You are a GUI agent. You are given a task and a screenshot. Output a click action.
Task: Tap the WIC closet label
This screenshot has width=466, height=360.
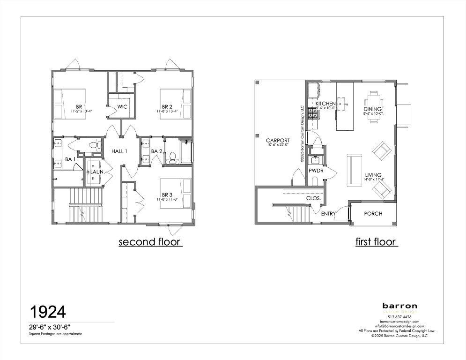click(122, 106)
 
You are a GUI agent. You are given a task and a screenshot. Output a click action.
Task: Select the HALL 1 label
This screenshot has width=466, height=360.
click(119, 151)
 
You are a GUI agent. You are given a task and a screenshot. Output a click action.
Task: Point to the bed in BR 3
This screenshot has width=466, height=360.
click(177, 194)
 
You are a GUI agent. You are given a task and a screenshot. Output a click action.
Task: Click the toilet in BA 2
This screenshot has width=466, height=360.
click(172, 158)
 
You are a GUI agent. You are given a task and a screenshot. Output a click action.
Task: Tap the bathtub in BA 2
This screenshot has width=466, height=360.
click(186, 151)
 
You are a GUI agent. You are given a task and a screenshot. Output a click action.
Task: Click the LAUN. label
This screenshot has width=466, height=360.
click(97, 172)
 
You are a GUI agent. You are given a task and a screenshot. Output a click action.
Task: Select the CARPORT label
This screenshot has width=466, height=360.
click(278, 140)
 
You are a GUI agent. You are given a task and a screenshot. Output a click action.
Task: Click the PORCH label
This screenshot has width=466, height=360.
click(373, 214)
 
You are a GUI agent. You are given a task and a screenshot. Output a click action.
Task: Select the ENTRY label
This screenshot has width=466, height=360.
click(328, 214)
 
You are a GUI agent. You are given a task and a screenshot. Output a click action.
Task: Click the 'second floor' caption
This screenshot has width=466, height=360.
click(149, 242)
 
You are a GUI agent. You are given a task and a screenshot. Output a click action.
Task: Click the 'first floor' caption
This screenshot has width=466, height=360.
click(376, 242)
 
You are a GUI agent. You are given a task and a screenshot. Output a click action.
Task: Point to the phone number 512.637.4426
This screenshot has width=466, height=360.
click(399, 317)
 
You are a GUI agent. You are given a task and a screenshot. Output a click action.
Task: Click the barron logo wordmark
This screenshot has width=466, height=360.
click(399, 306)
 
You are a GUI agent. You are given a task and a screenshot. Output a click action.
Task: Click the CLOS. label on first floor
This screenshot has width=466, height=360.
click(313, 198)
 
